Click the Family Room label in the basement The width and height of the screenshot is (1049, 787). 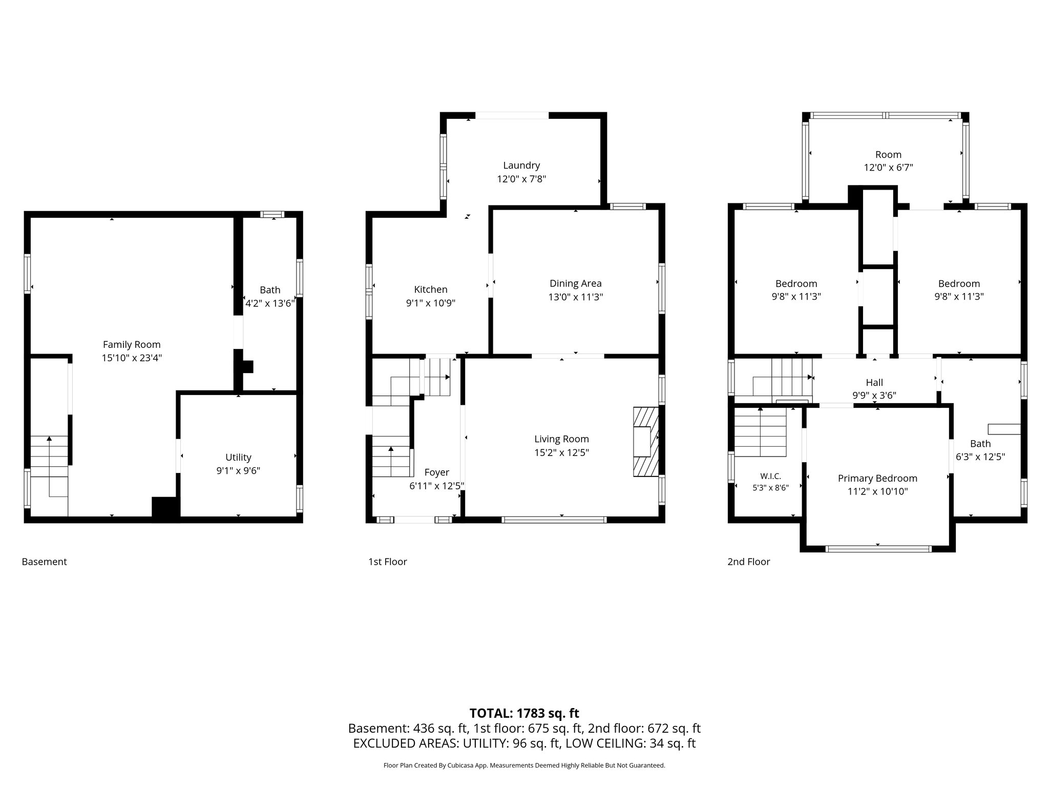(132, 345)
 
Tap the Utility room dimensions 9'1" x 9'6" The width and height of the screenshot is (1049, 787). (238, 471)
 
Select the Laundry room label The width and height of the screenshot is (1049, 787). (521, 166)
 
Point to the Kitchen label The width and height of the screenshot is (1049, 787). (431, 289)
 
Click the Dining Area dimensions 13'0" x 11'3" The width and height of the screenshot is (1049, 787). (576, 297)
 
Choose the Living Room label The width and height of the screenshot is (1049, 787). (561, 439)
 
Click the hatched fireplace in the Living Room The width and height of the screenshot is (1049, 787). (645, 442)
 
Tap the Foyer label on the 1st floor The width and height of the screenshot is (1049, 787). (437, 472)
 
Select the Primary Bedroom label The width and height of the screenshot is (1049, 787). (877, 479)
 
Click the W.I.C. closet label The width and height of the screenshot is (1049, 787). (770, 477)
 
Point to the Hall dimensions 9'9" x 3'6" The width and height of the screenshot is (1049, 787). (874, 396)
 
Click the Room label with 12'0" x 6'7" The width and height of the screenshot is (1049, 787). (888, 155)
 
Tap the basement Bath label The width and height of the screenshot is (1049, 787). (270, 290)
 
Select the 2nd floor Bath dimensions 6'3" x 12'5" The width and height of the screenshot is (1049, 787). (980, 457)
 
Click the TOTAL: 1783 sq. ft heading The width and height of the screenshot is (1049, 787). (524, 713)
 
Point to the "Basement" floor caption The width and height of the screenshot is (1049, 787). (44, 562)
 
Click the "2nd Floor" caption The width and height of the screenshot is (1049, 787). (748, 562)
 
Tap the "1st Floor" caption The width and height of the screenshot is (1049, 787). (387, 562)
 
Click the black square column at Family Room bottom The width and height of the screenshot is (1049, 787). (165, 508)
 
